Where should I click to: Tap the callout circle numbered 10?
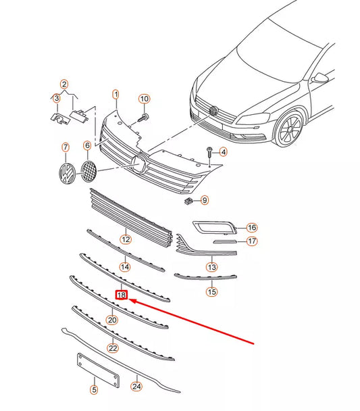144,99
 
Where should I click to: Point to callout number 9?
204,200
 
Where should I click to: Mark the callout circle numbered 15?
212,292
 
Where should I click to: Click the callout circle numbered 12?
126,239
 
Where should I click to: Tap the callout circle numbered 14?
125,267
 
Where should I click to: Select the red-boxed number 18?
122,295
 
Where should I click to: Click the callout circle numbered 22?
113,347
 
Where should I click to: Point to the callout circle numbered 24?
138,387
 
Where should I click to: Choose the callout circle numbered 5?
94,389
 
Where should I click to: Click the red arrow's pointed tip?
130,299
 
